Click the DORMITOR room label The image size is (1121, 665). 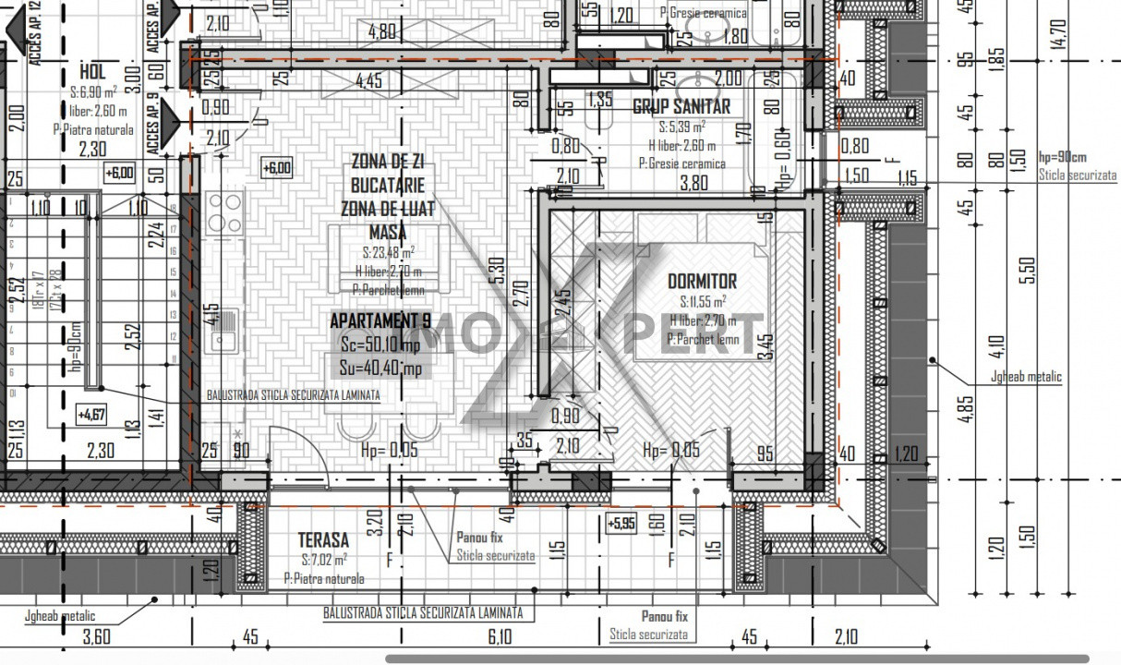[702, 281]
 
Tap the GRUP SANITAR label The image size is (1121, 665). [681, 107]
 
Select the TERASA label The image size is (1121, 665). [323, 539]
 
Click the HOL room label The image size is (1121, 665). [92, 72]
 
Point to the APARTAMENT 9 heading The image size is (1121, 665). [380, 321]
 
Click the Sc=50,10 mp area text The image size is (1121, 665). [380, 345]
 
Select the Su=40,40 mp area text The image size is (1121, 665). [380, 368]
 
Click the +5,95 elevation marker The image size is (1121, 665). [621, 523]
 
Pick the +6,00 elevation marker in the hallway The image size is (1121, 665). [119, 172]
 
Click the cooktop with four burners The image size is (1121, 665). [225, 213]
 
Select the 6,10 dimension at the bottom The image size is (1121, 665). [500, 636]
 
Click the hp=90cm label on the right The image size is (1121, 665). [1062, 157]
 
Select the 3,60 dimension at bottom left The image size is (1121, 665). [96, 636]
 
